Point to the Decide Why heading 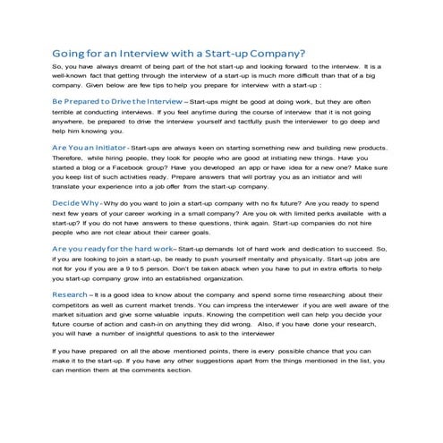tap(81, 204)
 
